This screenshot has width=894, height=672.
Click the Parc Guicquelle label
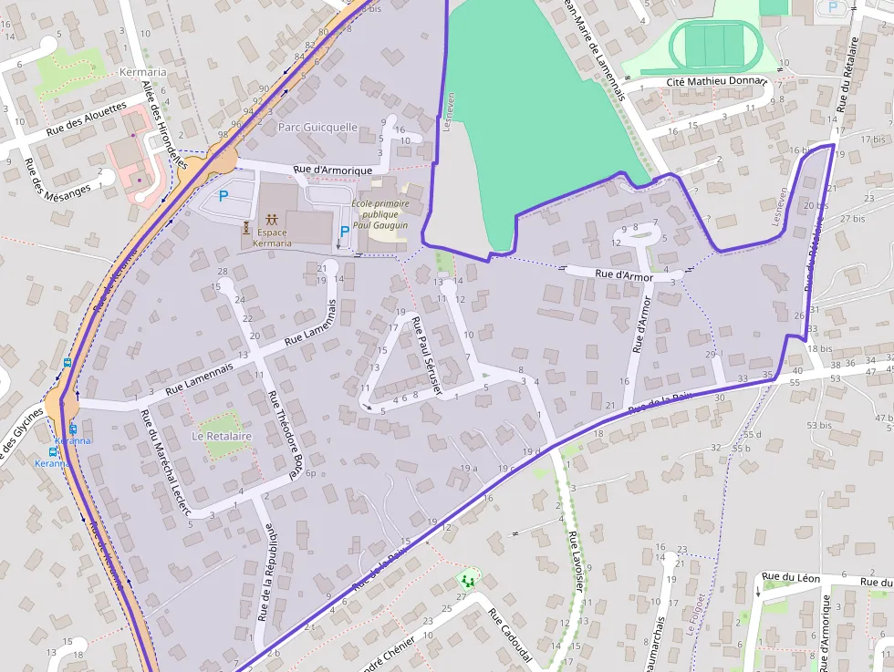click(x=317, y=128)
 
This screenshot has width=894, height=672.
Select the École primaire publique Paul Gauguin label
click(x=379, y=214)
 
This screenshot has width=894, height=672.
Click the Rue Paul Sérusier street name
click(x=425, y=356)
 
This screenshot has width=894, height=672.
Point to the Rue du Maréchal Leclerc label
click(x=164, y=462)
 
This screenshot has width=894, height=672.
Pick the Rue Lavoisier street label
click(x=575, y=561)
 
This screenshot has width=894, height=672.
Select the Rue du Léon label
click(x=791, y=577)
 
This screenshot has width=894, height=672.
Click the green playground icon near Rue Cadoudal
click(x=468, y=579)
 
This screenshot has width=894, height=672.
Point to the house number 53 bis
click(x=819, y=425)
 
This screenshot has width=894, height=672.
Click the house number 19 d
click(x=532, y=452)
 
